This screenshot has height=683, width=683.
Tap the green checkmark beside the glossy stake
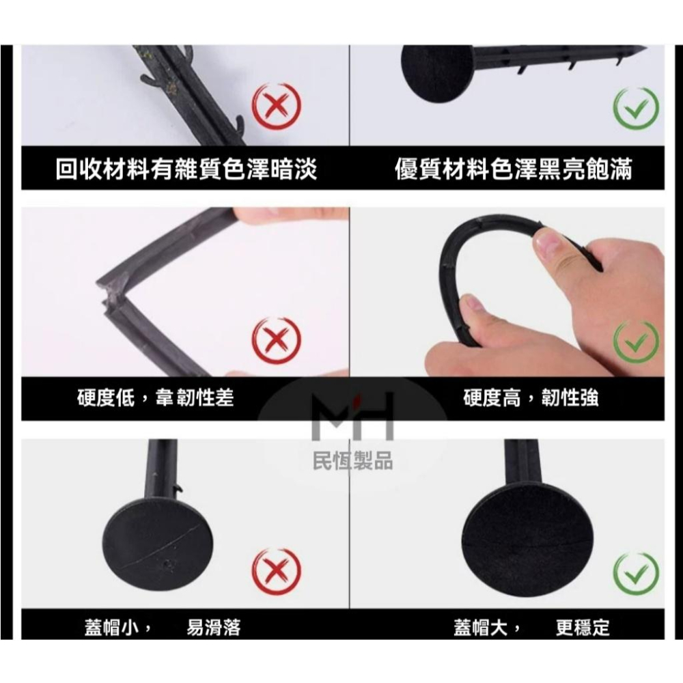pos(635,107)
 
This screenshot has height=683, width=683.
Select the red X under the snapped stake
pos(276,340)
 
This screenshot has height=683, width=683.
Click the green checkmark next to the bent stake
pos(635,340)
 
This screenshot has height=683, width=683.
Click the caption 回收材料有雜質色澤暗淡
pos(186,169)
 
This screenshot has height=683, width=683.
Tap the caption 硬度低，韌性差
pos(155,398)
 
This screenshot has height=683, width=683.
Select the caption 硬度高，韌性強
pos(531,398)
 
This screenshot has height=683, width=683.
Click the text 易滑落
pos(214,627)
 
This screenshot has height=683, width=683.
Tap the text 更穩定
pos(583,627)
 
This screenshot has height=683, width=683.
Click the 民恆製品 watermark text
pos(352,461)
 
